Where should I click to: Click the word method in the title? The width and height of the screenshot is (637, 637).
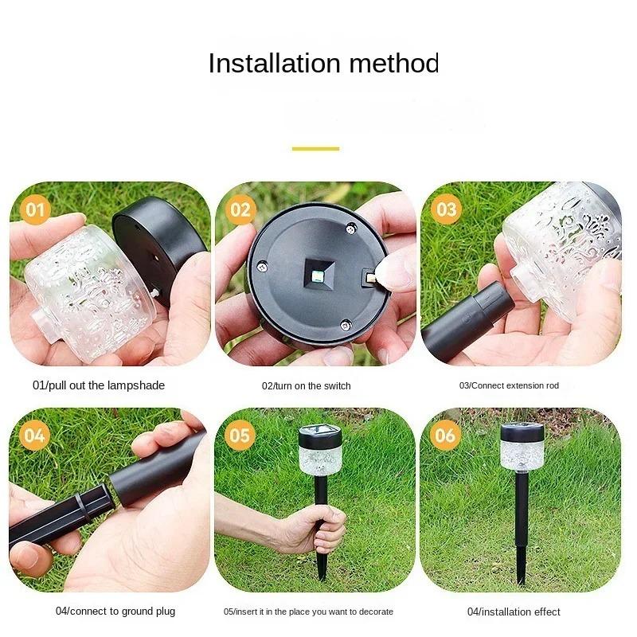[x=394, y=63]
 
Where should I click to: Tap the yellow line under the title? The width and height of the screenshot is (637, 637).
[x=315, y=148]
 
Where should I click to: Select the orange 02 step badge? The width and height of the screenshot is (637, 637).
[x=240, y=210]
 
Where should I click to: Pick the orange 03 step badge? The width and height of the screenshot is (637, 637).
[x=446, y=209]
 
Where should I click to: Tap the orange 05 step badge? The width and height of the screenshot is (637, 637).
[x=240, y=436]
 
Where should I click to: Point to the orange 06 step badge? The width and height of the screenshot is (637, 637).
[x=446, y=436]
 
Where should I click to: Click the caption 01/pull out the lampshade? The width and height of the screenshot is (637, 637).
[x=99, y=385]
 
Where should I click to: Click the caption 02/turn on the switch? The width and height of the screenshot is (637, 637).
[x=307, y=386]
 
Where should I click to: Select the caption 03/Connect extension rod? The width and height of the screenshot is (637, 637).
[x=510, y=385]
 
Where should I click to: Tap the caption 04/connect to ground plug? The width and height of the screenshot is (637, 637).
[x=115, y=612]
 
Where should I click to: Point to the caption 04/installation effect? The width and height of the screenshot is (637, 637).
[x=514, y=612]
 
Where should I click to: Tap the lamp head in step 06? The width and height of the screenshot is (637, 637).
[x=522, y=446]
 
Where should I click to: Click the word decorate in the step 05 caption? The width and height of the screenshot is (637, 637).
[x=374, y=612]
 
